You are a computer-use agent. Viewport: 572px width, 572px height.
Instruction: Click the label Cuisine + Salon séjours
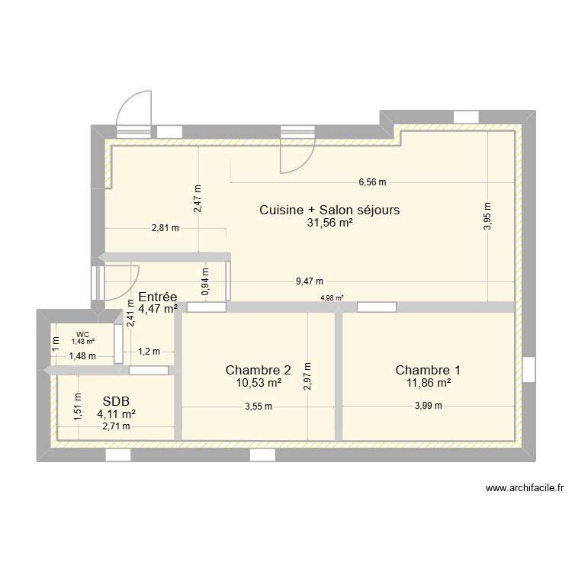[x=329, y=210]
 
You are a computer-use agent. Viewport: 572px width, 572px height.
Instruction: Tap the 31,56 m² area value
[x=329, y=223]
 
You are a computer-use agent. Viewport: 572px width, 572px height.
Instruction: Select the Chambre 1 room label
[x=427, y=371]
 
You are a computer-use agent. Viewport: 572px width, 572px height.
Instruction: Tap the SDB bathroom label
[x=116, y=400]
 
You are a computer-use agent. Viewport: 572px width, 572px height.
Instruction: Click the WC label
[x=82, y=333]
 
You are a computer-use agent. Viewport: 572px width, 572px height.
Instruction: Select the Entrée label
[x=158, y=297]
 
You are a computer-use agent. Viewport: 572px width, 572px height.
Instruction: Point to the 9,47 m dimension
[x=310, y=281]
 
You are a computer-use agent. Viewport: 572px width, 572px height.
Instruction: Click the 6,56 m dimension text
[x=373, y=182]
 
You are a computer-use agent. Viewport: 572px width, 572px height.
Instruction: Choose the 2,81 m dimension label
[x=165, y=227]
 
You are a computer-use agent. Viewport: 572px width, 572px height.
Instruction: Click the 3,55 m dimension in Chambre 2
[x=258, y=407]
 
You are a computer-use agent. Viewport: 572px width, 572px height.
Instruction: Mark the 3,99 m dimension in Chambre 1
[x=428, y=407]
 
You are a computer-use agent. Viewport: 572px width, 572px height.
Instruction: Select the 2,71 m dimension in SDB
[x=116, y=426]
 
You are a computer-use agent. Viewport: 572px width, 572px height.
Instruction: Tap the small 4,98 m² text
[x=332, y=298]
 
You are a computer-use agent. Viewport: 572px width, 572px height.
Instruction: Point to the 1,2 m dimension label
[x=149, y=352]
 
